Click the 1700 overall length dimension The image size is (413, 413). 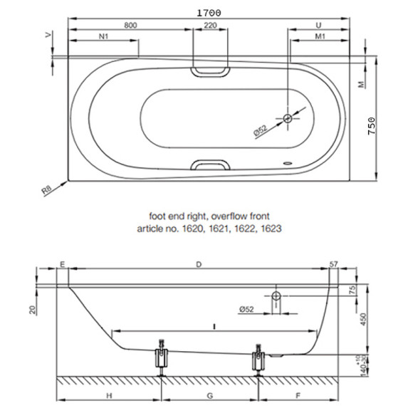pyautogui.click(x=209, y=13)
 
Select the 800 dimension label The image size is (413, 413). pyautogui.click(x=130, y=26)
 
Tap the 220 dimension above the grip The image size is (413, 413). pyautogui.click(x=210, y=26)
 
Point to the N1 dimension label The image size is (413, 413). pyautogui.click(x=103, y=36)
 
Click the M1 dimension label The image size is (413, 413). pyautogui.click(x=320, y=36)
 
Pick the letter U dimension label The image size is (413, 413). pyautogui.click(x=318, y=26)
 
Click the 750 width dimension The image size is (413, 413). pyautogui.click(x=372, y=126)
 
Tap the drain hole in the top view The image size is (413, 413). pyautogui.click(x=288, y=118)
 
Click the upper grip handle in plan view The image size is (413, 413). pyautogui.click(x=210, y=72)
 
